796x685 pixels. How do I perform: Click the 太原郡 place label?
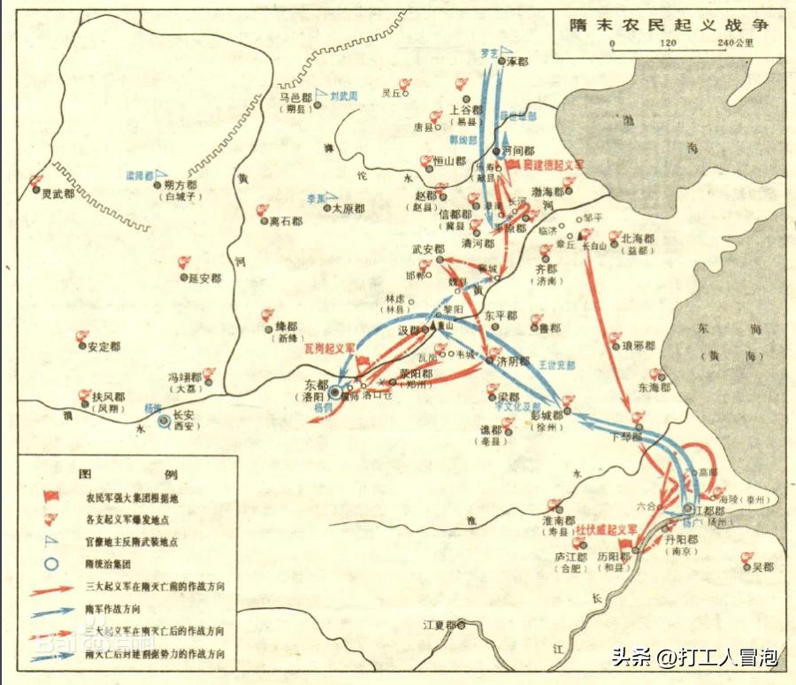click(353, 209)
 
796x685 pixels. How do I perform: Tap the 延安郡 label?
click(204, 278)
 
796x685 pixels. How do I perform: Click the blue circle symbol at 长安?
click(165, 422)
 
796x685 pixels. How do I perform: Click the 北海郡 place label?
click(638, 238)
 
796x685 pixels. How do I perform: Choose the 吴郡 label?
click(762, 566)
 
